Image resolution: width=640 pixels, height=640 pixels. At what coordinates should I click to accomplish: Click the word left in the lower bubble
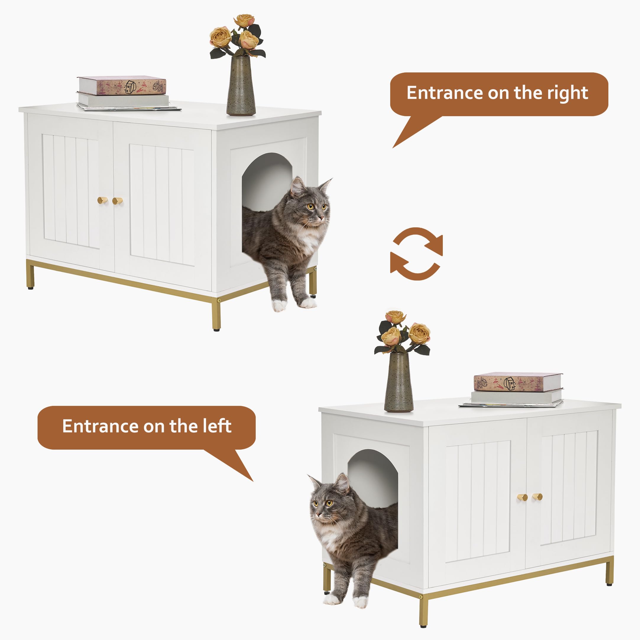click(x=217, y=426)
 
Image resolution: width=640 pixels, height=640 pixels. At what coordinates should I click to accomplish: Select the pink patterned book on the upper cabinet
click(x=122, y=86)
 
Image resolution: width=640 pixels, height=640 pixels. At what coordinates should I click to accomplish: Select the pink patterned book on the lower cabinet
click(x=518, y=382)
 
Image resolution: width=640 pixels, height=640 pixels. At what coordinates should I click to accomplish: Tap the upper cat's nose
click(x=321, y=218)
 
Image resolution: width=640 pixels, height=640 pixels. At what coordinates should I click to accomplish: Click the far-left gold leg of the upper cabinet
click(x=30, y=275)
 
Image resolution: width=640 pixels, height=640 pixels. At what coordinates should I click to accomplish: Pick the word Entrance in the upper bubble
click(x=444, y=93)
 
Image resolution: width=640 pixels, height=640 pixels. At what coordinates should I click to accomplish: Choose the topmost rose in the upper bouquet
click(x=244, y=20)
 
